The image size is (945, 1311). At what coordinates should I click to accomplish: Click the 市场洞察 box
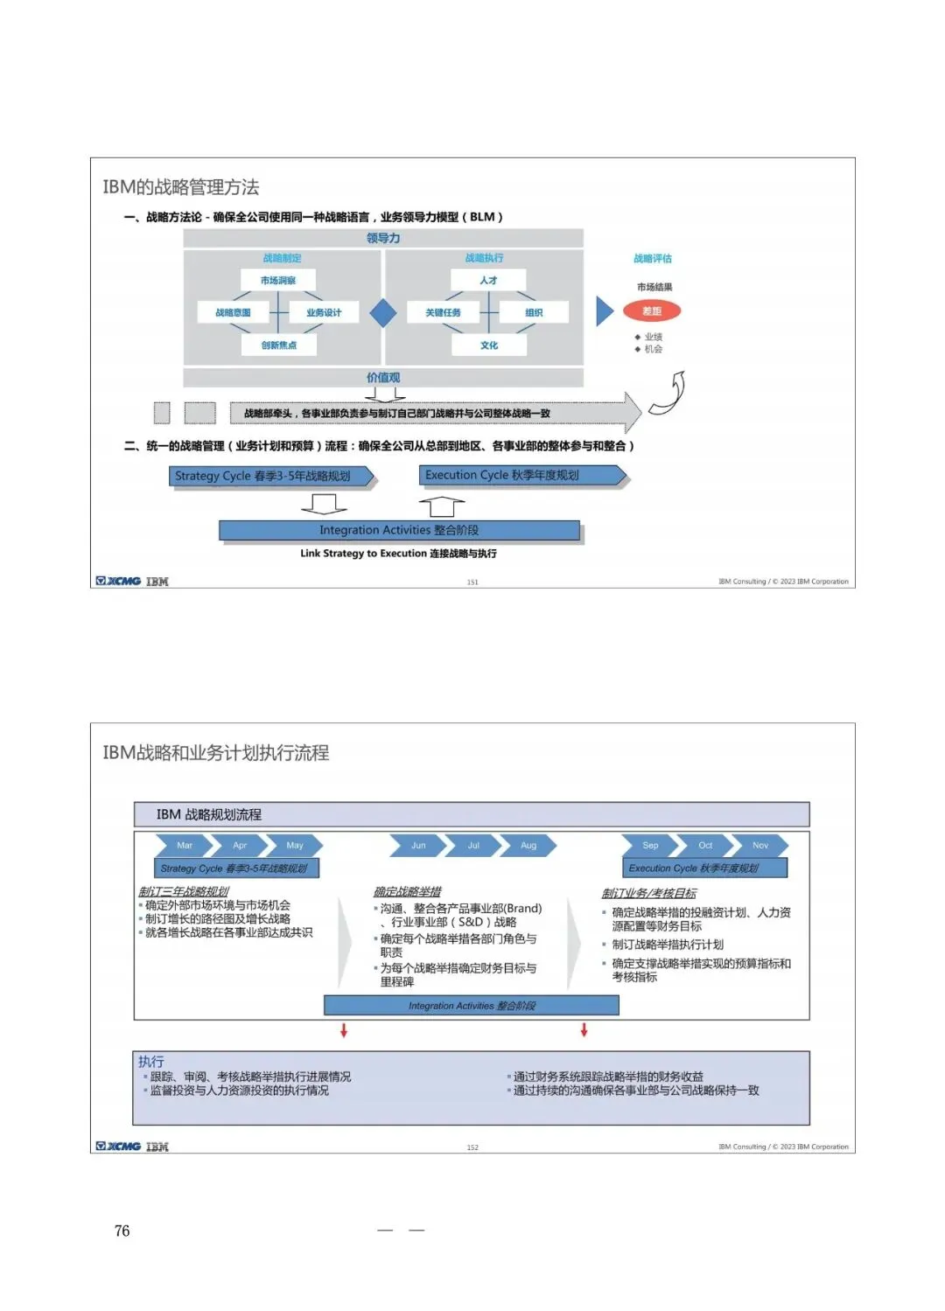click(x=277, y=281)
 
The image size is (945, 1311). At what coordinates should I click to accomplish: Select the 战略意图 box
click(x=233, y=312)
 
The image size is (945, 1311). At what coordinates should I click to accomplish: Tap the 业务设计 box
click(x=324, y=312)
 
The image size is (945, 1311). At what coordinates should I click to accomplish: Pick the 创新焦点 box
click(x=278, y=345)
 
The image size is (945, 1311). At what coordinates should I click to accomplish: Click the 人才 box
click(x=488, y=281)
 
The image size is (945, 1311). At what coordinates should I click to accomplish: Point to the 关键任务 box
click(x=443, y=312)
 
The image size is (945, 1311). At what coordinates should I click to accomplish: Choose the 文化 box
click(x=488, y=345)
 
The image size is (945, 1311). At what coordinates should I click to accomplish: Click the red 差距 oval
click(x=652, y=311)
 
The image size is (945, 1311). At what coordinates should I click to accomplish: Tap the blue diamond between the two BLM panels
click(x=383, y=312)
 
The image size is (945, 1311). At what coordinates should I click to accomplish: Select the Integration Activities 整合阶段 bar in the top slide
click(x=399, y=530)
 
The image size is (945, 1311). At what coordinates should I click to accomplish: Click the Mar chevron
click(x=184, y=846)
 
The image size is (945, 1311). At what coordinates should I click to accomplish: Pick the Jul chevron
click(x=473, y=846)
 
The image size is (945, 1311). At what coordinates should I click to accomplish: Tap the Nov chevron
click(x=760, y=846)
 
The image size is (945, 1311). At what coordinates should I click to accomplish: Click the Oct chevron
click(x=705, y=846)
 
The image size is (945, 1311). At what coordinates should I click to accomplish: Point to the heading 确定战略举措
click(x=407, y=892)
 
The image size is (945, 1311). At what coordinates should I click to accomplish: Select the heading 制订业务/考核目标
click(x=648, y=893)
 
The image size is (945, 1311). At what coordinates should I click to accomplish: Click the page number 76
click(x=122, y=1231)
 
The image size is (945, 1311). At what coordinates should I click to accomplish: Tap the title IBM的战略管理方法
click(x=181, y=187)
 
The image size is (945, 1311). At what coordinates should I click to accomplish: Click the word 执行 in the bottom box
click(x=150, y=1062)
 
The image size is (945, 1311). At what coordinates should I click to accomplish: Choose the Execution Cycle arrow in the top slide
click(x=522, y=476)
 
